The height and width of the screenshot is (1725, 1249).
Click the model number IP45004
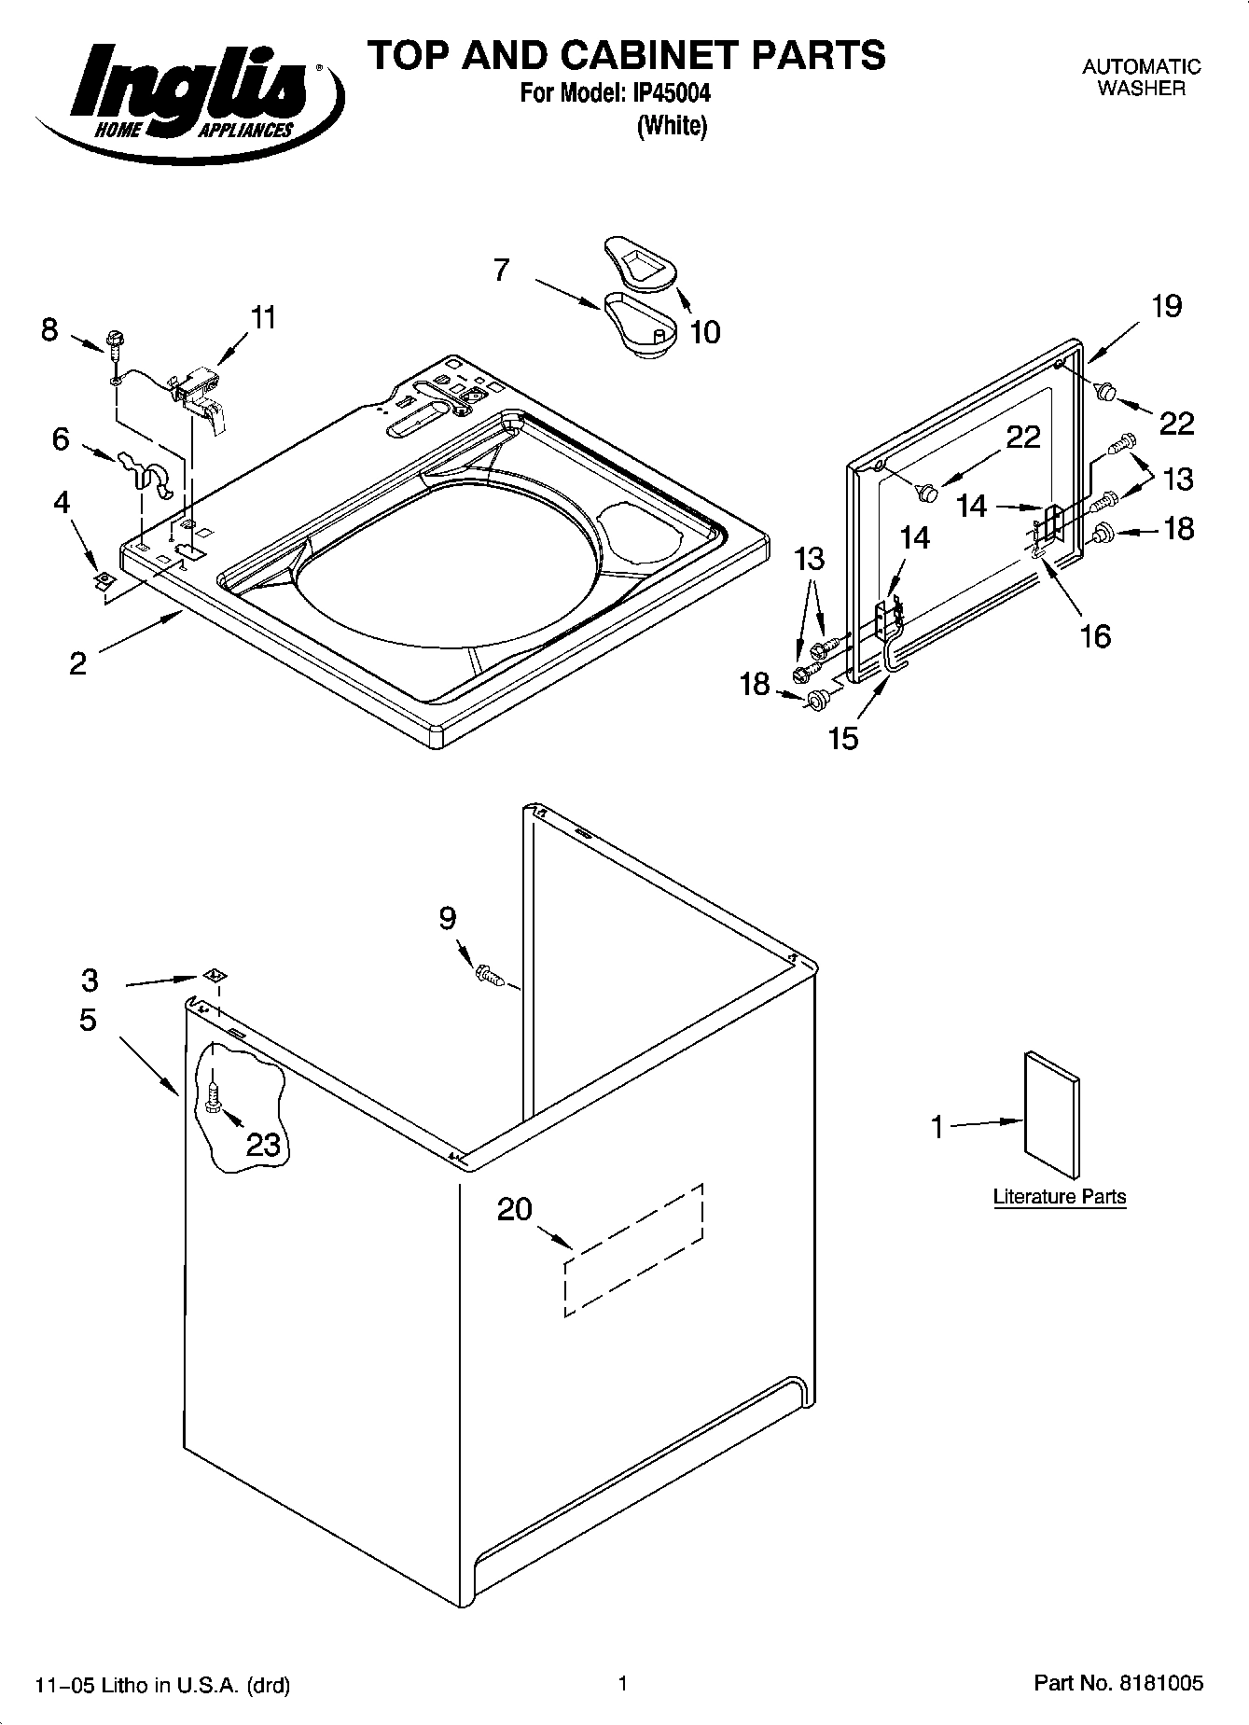[x=672, y=94]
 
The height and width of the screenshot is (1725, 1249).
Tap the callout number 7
[x=502, y=270]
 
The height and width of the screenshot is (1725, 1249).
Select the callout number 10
[x=705, y=331]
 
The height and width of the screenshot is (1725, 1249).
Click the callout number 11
[x=264, y=318]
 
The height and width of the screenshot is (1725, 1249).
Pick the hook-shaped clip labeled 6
[x=144, y=472]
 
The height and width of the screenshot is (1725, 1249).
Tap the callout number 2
[x=78, y=663]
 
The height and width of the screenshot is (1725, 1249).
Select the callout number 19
[x=1166, y=306]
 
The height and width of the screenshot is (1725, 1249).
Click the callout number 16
[x=1095, y=636]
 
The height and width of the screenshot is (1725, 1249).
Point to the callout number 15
[x=843, y=738]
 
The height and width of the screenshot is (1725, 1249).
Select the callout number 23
[x=263, y=1144]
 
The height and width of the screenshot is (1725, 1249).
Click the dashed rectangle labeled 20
[x=633, y=1250]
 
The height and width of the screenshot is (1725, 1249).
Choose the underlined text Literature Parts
[x=1060, y=1197]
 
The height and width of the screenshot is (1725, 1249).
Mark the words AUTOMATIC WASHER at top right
[x=1141, y=77]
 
